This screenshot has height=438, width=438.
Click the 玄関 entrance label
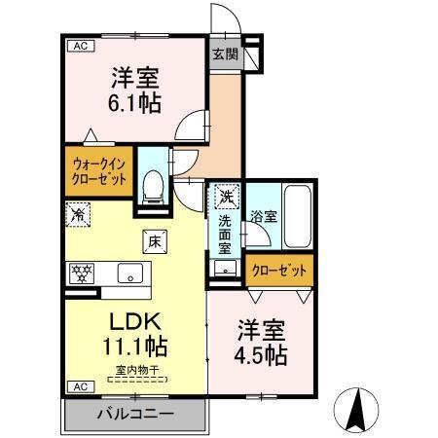tap(225, 55)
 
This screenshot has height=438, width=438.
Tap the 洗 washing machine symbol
tap(225, 198)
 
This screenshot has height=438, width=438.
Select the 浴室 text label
tap(262, 214)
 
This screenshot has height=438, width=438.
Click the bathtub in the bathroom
tap(296, 216)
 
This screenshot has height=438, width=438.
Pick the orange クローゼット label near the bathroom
tap(280, 270)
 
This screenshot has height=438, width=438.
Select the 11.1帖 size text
tap(135, 347)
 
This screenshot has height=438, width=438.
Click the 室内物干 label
tap(135, 369)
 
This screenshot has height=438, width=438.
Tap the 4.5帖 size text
tap(259, 354)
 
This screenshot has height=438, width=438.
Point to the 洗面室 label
tap(224, 234)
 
